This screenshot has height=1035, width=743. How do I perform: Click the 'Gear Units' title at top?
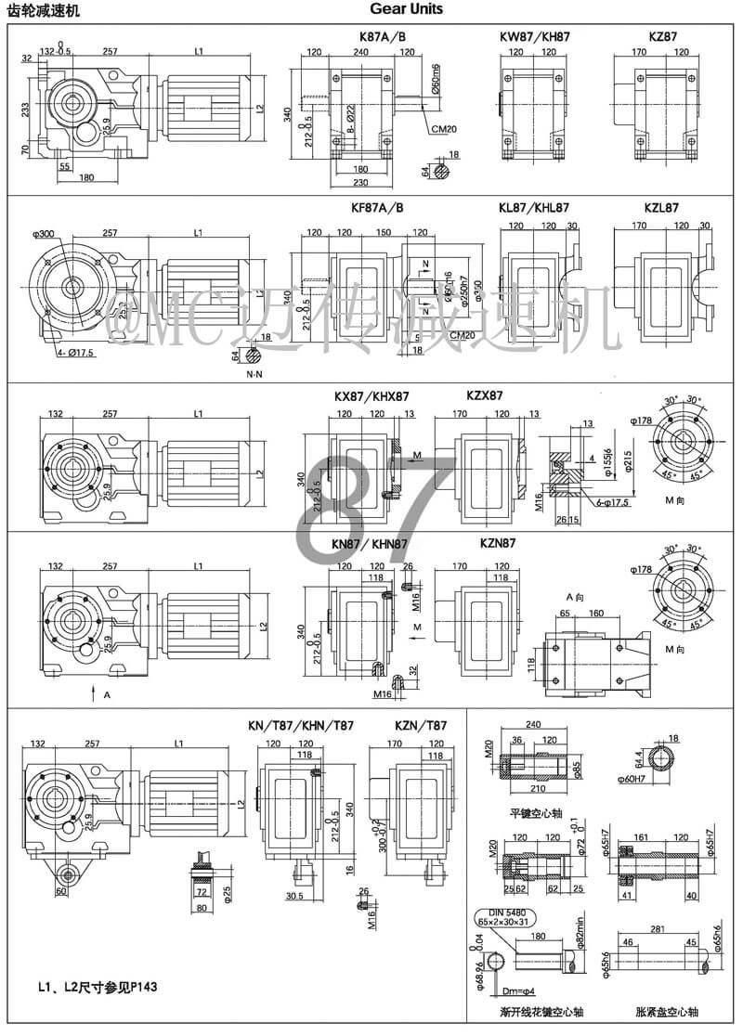point(406,9)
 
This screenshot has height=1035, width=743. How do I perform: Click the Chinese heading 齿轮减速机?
point(44,10)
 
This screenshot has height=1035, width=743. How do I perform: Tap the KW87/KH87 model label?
point(535,37)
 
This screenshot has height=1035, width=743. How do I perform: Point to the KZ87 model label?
point(663,37)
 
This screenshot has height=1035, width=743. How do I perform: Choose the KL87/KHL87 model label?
point(535,208)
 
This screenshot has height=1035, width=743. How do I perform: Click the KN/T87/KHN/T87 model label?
point(301,725)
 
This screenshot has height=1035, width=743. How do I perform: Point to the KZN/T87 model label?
point(421,725)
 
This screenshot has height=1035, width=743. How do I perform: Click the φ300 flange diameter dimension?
point(44,234)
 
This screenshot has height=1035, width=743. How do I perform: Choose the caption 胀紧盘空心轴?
point(661,1011)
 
